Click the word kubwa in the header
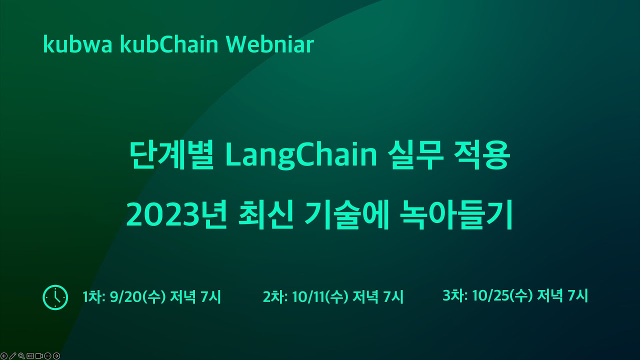77,44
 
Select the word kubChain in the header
169,44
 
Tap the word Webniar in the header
270,44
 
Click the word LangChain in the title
301,155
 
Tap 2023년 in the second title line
176,215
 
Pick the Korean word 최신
265,215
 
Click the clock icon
55,297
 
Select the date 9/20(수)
137,297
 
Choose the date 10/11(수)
320,297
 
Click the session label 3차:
455,295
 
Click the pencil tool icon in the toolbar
12,356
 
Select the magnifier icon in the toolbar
21,356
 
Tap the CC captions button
30,356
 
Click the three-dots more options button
47,356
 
